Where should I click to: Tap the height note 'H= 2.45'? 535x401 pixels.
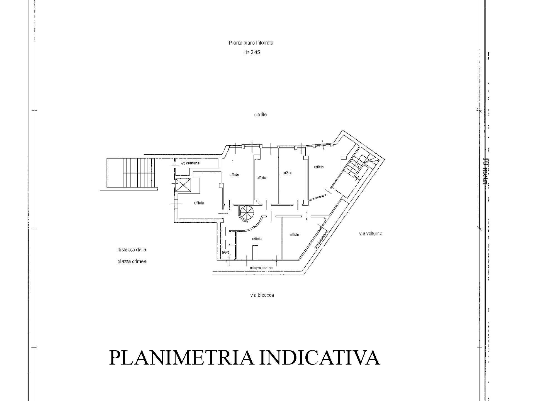point(251,52)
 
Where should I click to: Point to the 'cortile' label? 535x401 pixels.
point(260,114)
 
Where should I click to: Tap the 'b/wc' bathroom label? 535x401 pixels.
point(225,252)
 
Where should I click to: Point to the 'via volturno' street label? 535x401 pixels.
point(370,233)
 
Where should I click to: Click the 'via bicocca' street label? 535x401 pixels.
point(262,295)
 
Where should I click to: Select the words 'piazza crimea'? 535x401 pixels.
point(132,261)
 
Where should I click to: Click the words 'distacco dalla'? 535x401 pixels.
point(132,250)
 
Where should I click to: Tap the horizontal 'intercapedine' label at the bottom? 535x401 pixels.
point(261,268)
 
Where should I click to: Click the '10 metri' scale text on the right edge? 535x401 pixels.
point(485,171)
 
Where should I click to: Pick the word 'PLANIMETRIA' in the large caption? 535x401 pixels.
point(181,357)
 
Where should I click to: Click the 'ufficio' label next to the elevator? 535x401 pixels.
point(199,203)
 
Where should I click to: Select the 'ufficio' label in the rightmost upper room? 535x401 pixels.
point(319,167)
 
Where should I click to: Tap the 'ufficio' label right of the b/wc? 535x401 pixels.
point(257,239)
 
